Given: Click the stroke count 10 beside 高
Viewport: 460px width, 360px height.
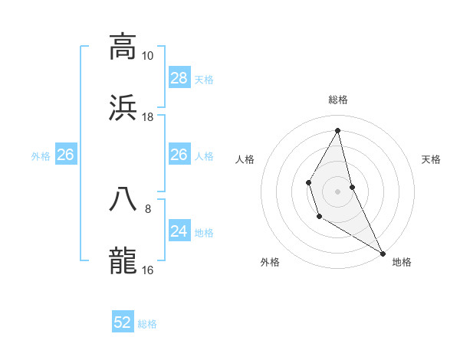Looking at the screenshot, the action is click(147, 56).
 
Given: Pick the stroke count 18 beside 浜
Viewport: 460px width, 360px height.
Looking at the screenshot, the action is click(147, 117).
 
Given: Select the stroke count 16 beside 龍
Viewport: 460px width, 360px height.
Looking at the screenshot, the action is click(147, 270).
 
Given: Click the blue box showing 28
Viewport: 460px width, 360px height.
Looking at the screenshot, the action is click(179, 78).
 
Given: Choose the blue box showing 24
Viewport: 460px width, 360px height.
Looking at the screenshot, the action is click(179, 231).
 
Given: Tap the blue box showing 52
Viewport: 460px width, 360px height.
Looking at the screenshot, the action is click(123, 323).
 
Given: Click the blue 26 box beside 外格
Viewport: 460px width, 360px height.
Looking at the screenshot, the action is click(65, 155).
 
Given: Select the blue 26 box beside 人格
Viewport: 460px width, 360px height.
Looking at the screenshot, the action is click(179, 155).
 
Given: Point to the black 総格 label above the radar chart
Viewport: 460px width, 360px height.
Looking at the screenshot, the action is click(338, 100).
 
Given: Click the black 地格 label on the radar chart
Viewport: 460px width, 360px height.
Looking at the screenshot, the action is click(402, 263).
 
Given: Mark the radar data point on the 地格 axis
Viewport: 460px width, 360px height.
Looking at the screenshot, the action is click(383, 253).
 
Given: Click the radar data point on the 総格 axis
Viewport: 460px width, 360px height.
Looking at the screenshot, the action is click(338, 130).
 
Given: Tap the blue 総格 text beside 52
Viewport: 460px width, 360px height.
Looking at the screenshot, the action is click(147, 324).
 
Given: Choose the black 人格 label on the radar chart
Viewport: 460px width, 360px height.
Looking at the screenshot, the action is click(245, 159).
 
